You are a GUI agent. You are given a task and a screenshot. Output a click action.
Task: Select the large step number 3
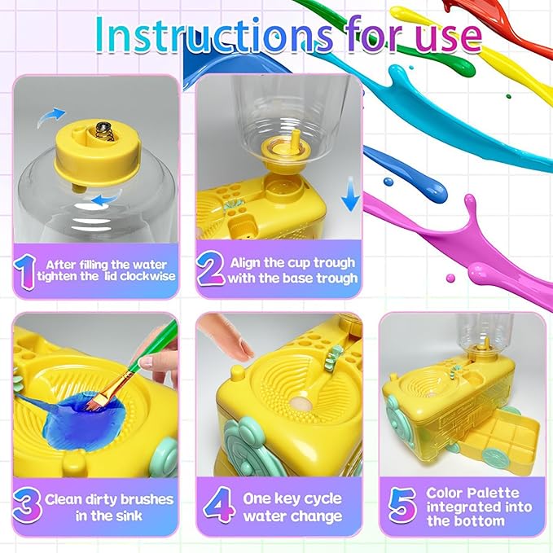click(27, 506)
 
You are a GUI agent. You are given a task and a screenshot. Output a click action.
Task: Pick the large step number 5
click(400, 506)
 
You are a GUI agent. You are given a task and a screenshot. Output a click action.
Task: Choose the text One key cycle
click(292, 498)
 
